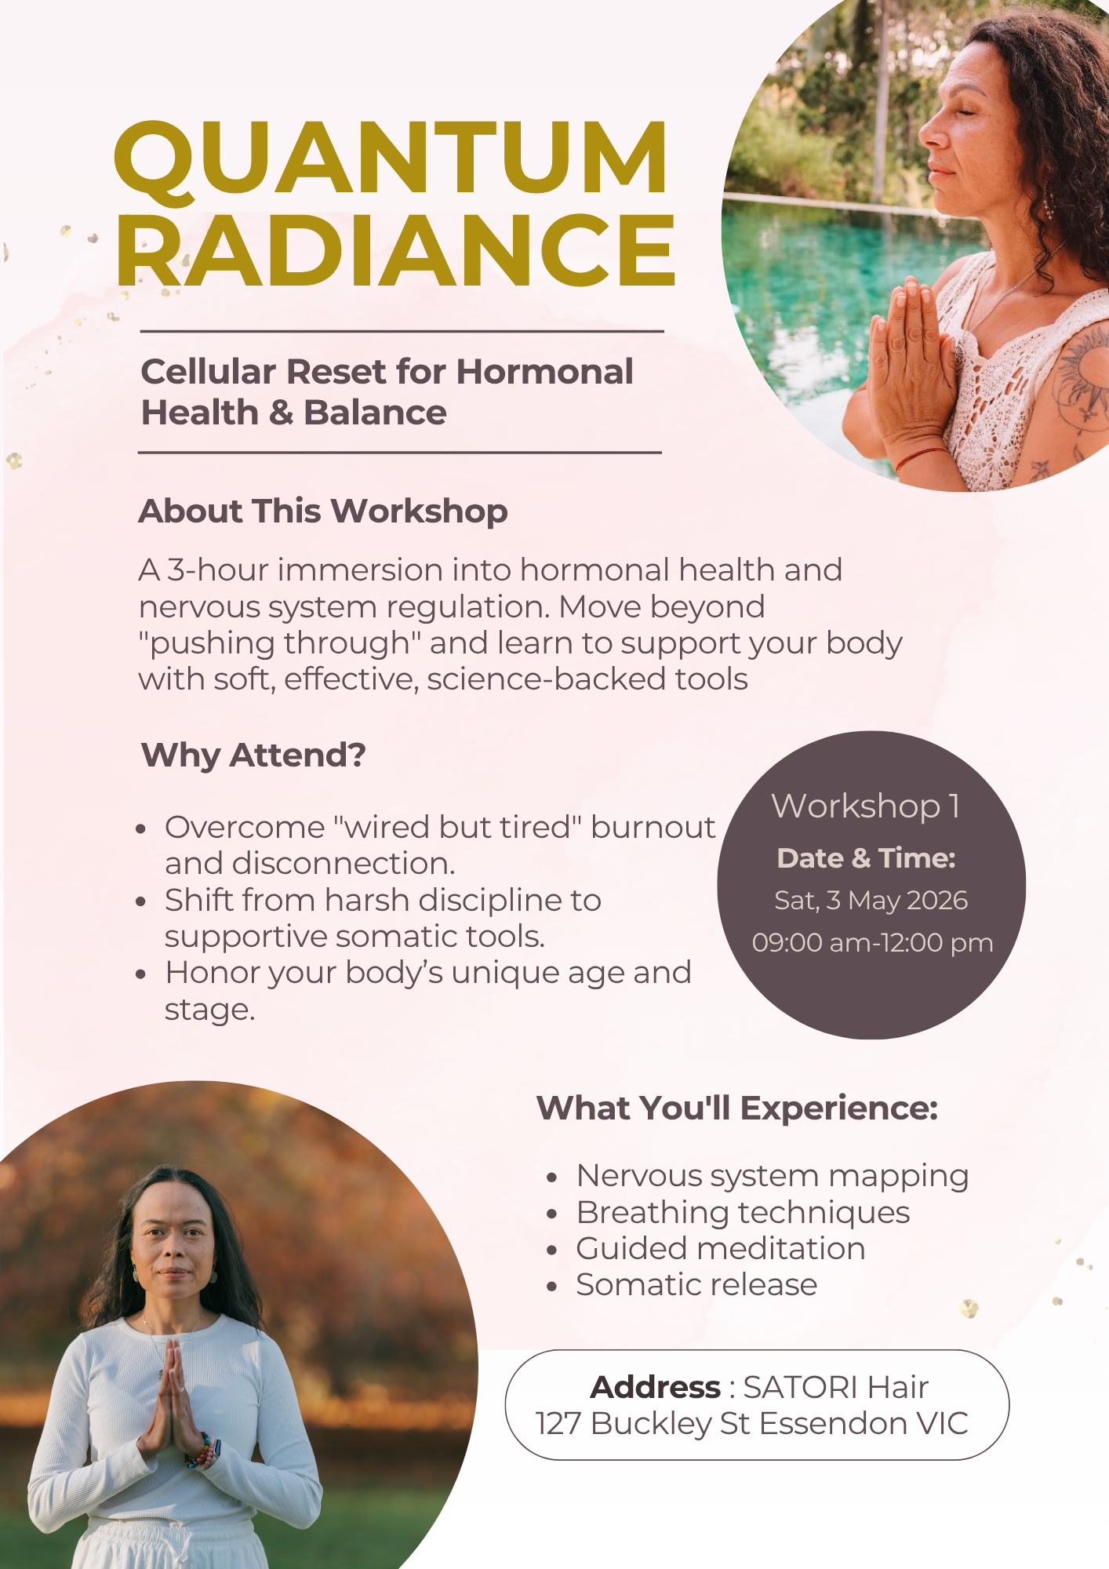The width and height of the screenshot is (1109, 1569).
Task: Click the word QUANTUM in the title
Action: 391,158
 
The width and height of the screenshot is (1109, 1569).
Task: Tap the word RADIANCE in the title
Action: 395,249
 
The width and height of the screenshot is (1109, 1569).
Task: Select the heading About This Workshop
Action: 323,511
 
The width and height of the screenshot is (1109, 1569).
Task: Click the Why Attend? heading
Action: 253,755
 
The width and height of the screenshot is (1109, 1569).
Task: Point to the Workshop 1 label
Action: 866,806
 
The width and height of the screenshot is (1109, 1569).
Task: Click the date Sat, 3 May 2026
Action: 871,901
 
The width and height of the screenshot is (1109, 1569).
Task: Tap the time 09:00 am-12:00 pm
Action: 872,942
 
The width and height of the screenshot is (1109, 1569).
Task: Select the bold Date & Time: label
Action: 866,858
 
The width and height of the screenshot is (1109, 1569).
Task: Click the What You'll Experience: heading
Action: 737,1108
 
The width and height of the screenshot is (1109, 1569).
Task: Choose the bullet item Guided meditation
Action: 721,1248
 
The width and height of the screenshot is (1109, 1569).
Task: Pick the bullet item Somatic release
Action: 696,1285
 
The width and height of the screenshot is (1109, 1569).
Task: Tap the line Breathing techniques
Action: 743,1213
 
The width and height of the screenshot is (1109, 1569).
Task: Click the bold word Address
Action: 655,1387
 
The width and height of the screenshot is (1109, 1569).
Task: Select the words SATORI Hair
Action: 835,1387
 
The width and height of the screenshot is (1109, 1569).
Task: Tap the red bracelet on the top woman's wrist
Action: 922,457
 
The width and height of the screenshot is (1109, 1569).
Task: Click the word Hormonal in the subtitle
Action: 544,371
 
